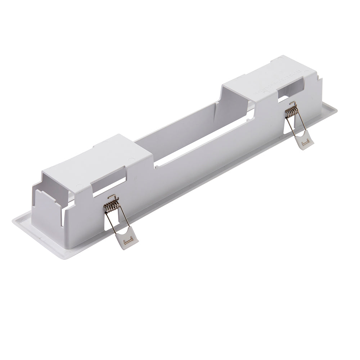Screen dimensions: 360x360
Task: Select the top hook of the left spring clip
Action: point(113,197)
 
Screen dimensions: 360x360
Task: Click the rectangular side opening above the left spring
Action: point(108,184)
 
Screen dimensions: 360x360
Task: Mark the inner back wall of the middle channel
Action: point(180,122)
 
